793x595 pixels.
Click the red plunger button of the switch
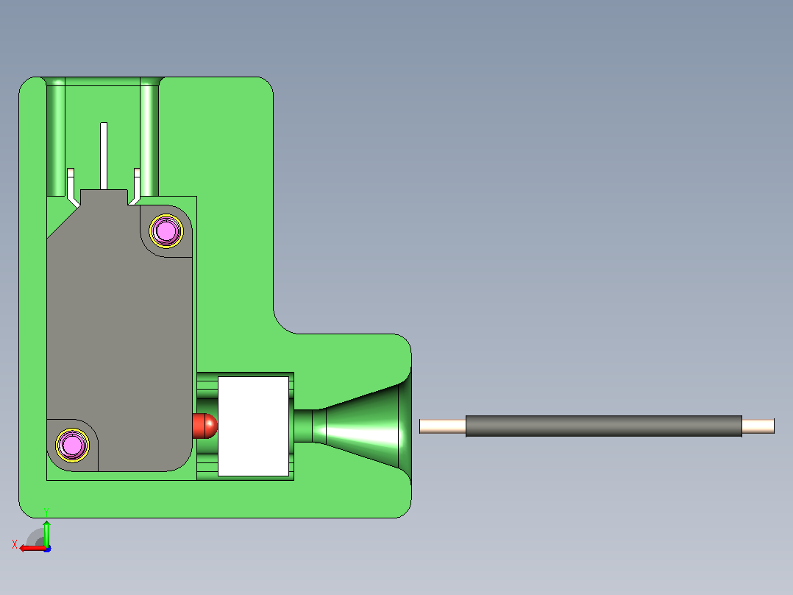click(205, 426)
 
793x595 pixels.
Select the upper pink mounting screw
click(166, 231)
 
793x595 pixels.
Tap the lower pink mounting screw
click(72, 445)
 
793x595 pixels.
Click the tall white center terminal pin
click(104, 156)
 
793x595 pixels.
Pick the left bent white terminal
click(72, 187)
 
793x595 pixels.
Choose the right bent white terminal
click(135, 186)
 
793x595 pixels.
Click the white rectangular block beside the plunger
click(253, 426)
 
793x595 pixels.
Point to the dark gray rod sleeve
click(604, 426)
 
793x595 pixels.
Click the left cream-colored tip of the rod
click(443, 426)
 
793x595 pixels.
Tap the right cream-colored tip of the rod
click(758, 426)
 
